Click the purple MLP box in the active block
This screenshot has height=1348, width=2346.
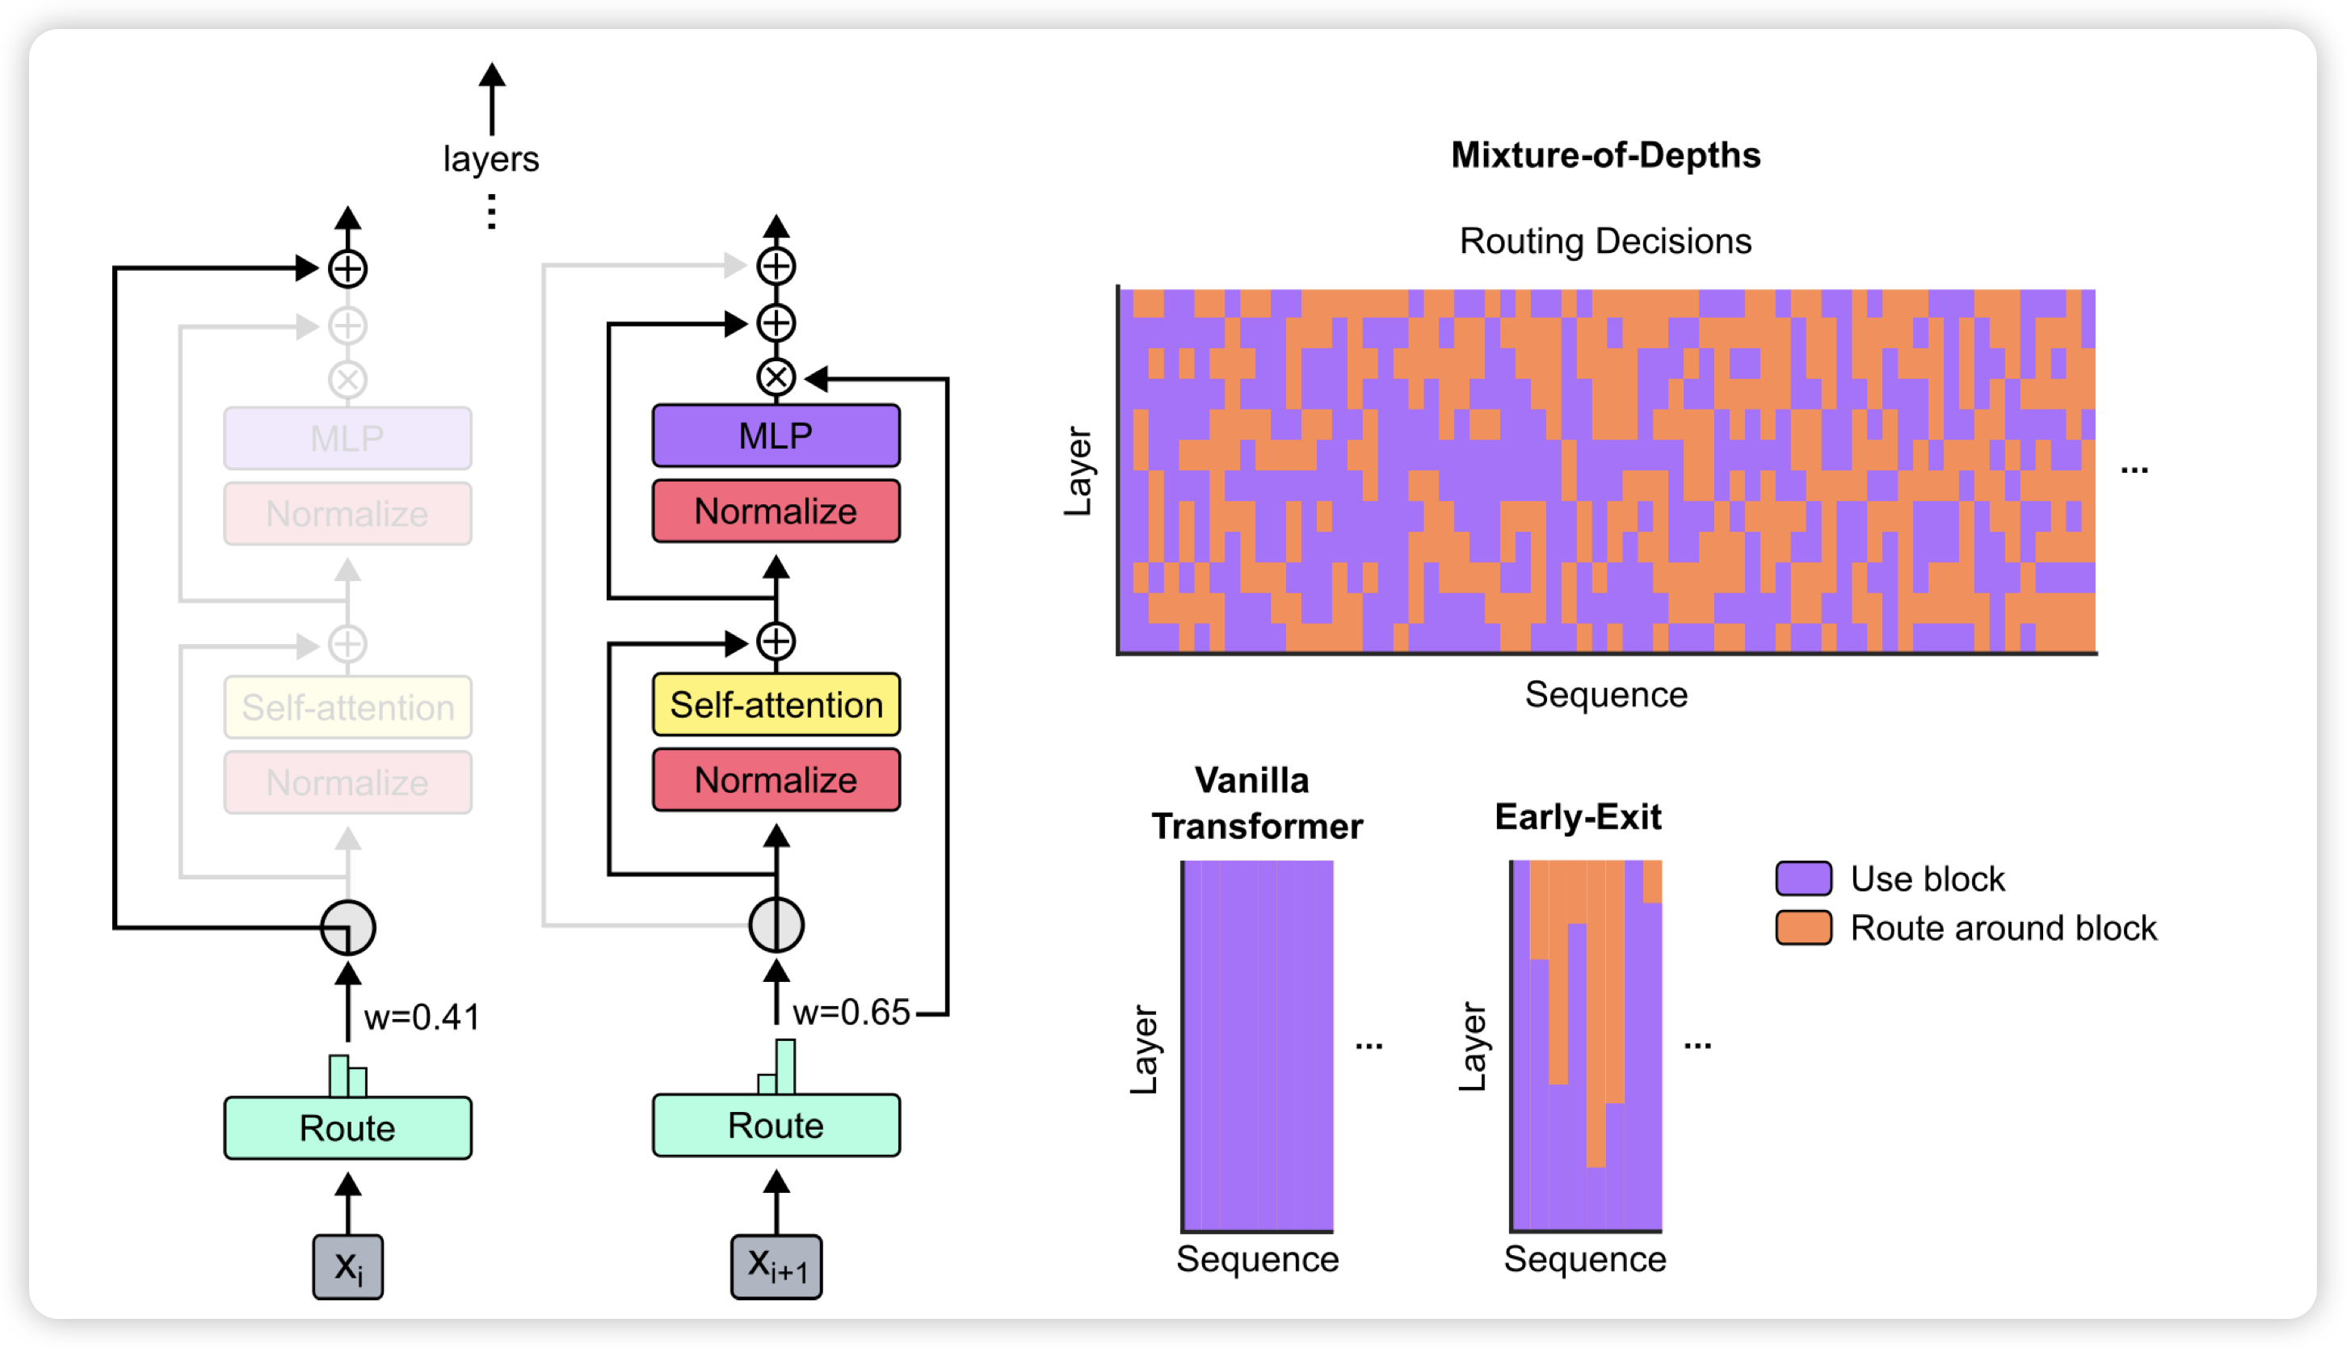coord(776,435)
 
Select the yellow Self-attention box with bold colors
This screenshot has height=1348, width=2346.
coord(776,705)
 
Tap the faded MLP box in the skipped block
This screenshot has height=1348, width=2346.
coord(347,438)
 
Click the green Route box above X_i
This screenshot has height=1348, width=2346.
coord(347,1127)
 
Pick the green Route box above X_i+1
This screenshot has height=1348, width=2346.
coord(776,1125)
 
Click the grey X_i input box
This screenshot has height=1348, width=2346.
coord(347,1266)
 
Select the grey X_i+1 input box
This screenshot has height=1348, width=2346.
coord(776,1266)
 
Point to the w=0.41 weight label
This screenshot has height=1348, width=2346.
coord(422,1017)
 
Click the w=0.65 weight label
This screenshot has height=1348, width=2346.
coord(851,1012)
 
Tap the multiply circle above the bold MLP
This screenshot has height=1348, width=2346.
coord(776,377)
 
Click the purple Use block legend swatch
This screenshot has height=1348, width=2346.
coord(1803,878)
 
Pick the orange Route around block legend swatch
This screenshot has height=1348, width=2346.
coord(1803,928)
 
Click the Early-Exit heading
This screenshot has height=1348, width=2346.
coord(1578,816)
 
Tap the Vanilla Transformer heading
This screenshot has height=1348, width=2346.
coord(1256,802)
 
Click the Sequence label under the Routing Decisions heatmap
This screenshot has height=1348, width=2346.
coord(1606,694)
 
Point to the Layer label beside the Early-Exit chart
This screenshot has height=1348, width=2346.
coord(1471,1047)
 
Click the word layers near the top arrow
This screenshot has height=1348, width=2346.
coord(490,158)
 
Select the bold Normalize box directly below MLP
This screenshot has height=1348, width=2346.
coord(776,511)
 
